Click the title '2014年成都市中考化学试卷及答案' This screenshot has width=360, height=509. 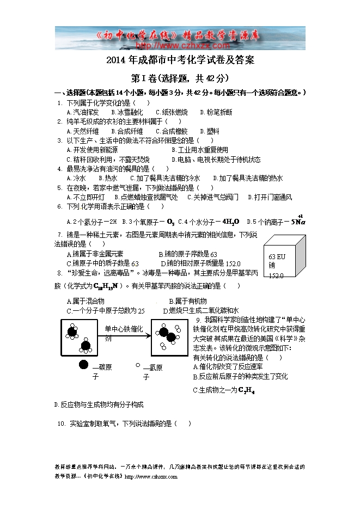[180, 60]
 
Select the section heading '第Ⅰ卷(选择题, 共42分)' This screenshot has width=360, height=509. [180, 78]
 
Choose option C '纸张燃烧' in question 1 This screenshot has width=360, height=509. [171, 112]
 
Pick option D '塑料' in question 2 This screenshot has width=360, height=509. [210, 131]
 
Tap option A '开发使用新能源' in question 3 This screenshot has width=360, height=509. [91, 150]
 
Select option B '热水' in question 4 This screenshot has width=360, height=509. [108, 178]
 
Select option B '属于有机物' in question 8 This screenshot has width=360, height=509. [187, 301]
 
